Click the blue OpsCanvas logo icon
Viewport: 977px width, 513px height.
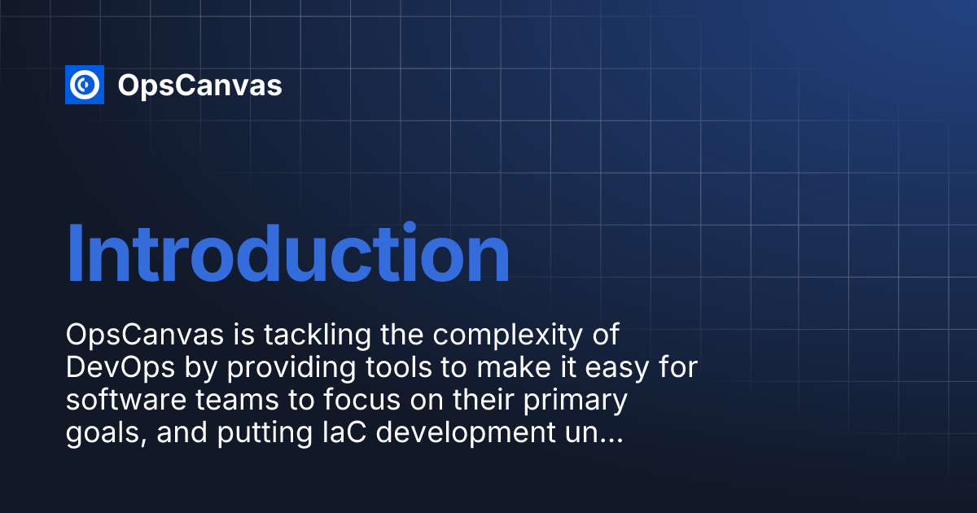click(85, 85)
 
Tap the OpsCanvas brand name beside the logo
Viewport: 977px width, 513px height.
click(199, 85)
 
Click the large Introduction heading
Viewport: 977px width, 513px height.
click(287, 255)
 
